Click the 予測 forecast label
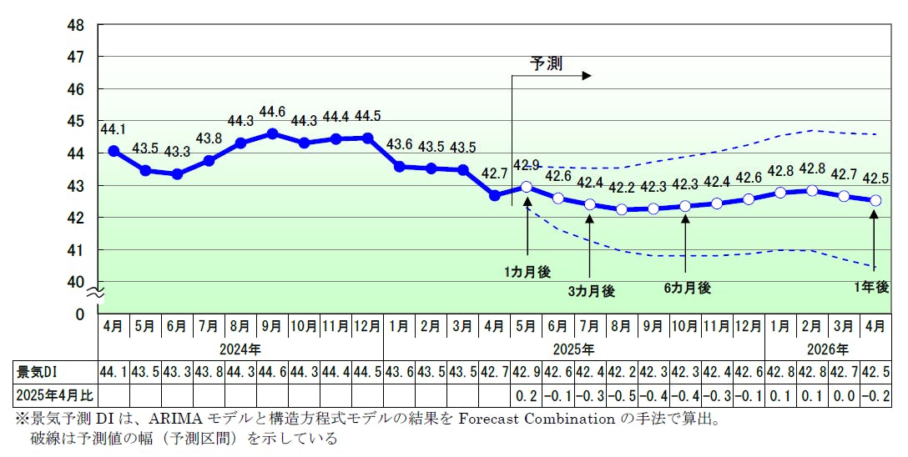(x=547, y=63)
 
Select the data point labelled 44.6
(x=272, y=133)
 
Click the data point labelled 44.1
(x=113, y=151)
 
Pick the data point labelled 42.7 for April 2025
(x=495, y=195)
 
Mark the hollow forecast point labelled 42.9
(x=527, y=187)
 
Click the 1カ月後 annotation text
(x=527, y=271)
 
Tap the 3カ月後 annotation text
(x=591, y=291)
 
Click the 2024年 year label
(x=240, y=349)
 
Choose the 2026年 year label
(x=829, y=349)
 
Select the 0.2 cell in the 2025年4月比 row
(x=527, y=393)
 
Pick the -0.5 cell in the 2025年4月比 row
(x=622, y=393)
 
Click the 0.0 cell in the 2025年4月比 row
(x=845, y=393)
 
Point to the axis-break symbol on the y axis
(x=97, y=292)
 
